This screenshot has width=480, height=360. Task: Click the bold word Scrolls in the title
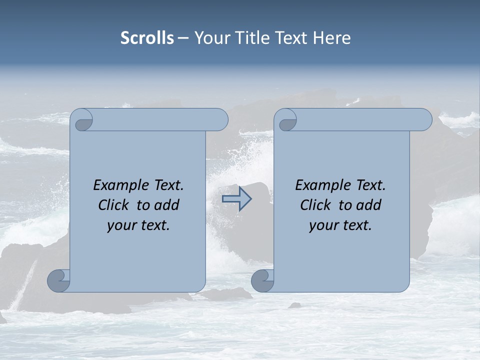click(x=147, y=38)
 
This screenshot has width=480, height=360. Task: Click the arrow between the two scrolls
click(x=236, y=199)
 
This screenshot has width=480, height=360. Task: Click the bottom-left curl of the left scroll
click(x=58, y=280)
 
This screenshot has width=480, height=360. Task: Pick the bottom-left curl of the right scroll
click(x=262, y=280)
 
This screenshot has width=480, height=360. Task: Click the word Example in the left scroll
click(x=118, y=185)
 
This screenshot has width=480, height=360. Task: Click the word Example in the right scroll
click(x=320, y=185)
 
